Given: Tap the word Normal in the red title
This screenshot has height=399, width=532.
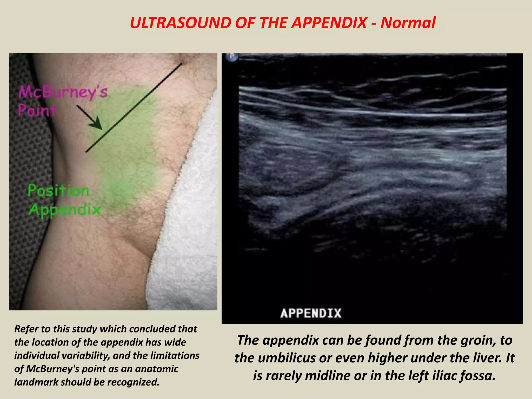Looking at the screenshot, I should (408, 23).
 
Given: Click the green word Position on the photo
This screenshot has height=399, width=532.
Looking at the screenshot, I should (58, 191).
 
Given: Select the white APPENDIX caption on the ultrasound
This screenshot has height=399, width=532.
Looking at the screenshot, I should (311, 313).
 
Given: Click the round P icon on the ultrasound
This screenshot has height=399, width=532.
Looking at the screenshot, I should (232, 57).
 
